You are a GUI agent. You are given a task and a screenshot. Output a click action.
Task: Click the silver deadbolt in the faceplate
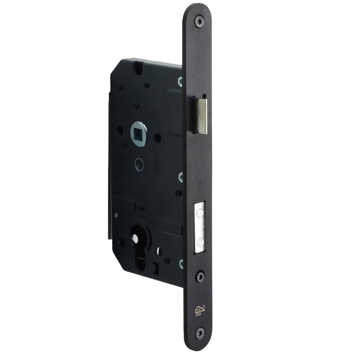tap(200, 226)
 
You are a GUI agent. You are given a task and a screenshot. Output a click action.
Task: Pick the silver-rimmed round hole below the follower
tap(139, 165)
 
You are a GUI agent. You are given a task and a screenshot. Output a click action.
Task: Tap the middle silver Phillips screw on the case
tap(181, 176)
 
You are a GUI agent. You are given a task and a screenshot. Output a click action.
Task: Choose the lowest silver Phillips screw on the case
tap(181, 264)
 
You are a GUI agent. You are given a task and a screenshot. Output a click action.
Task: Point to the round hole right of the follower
tap(158, 137)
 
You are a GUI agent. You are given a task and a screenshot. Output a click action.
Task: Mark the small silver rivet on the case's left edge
tap(116, 215)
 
